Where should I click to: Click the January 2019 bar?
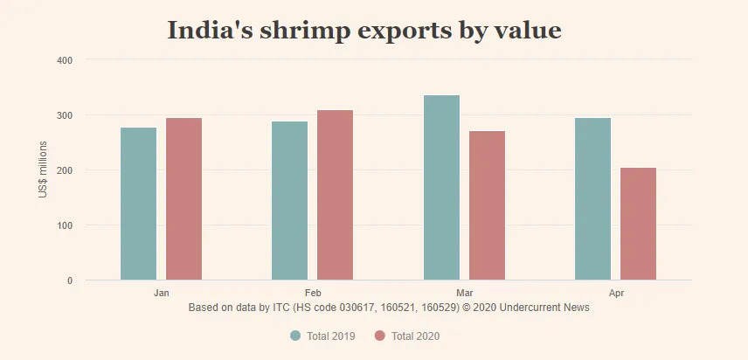tap(138, 204)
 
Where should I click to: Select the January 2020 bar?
tap(184, 199)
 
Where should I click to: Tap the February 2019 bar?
tap(289, 200)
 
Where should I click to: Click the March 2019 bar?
tap(441, 187)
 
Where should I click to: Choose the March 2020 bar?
tap(487, 205)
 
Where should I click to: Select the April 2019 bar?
tap(592, 198)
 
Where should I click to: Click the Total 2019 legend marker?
tap(294, 336)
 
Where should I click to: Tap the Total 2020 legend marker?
tap(379, 336)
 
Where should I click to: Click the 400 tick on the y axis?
tap(65, 60)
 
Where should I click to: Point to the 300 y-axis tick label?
tap(65, 115)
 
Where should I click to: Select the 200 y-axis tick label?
tap(65, 170)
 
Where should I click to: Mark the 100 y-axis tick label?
tap(65, 225)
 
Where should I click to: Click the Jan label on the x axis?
tap(161, 293)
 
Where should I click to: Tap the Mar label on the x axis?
tap(464, 293)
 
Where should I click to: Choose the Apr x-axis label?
tap(615, 293)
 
